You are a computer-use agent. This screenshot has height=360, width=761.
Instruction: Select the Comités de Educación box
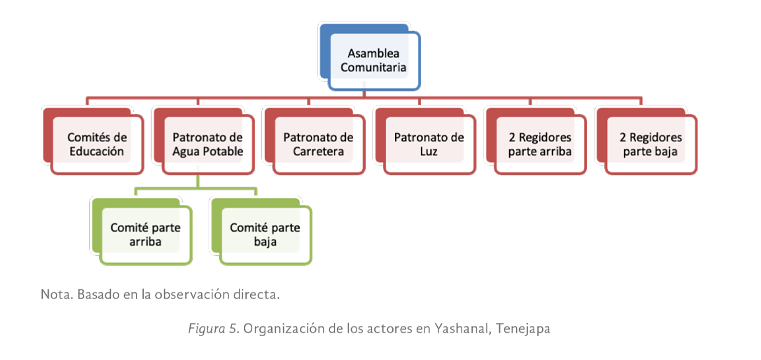click(97, 145)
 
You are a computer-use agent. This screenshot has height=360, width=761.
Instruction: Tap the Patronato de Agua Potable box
click(207, 145)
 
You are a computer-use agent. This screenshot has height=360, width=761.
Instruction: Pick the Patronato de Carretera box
click(317, 145)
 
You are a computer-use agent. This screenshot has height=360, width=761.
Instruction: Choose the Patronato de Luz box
click(428, 145)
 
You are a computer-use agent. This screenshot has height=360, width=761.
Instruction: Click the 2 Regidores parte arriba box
click(540, 145)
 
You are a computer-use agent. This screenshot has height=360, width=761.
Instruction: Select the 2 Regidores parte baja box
click(650, 145)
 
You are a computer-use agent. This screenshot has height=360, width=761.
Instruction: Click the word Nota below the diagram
click(55, 295)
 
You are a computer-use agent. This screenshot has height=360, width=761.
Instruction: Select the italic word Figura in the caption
click(207, 327)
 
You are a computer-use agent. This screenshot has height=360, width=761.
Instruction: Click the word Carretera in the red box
click(318, 152)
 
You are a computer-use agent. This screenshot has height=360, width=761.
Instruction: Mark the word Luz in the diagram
click(429, 152)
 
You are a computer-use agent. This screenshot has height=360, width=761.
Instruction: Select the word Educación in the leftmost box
click(97, 152)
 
